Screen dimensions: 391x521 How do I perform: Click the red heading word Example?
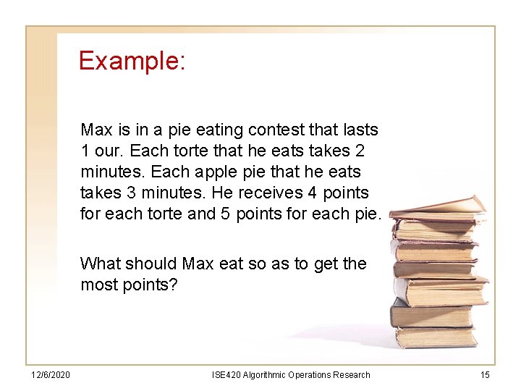132,61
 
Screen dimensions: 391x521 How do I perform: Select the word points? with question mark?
151,285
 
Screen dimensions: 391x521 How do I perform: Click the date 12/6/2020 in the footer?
51,375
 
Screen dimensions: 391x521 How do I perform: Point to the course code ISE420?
227,375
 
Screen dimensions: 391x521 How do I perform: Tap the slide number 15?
484,375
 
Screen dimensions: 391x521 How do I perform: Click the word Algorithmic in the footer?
265,375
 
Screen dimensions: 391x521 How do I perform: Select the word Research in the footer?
351,375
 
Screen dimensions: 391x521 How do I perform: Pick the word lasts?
360,130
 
